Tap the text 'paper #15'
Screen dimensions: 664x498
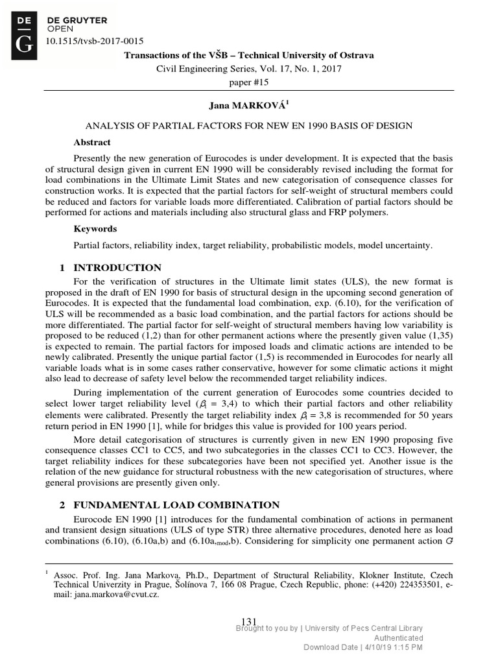[x=249, y=82]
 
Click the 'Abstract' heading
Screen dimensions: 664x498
[x=91, y=142]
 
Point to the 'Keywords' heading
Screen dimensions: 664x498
[x=95, y=229]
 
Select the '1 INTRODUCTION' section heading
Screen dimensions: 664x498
[x=110, y=268]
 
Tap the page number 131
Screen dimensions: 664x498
[x=249, y=622]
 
